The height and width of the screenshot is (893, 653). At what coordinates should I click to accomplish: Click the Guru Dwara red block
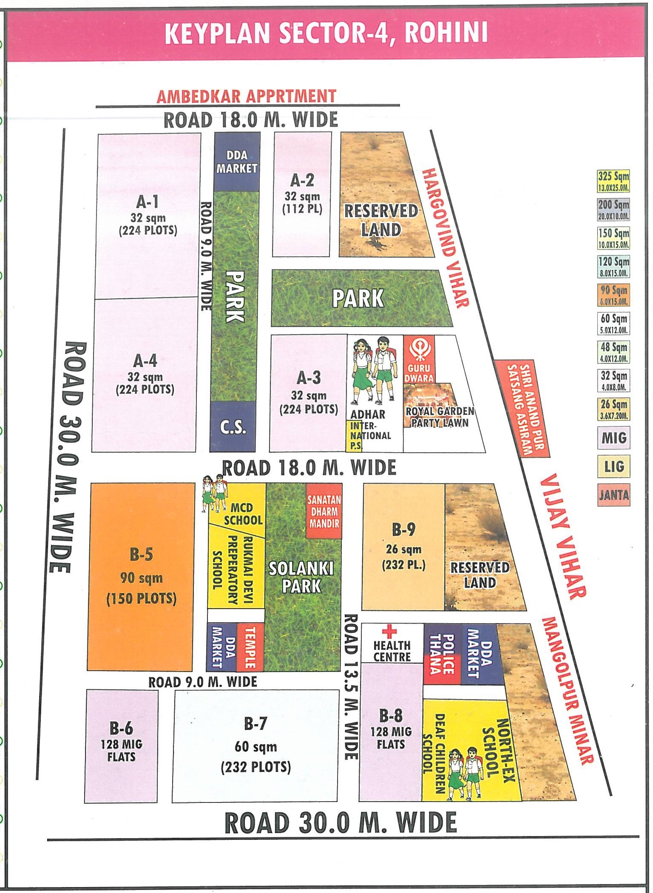[419, 359]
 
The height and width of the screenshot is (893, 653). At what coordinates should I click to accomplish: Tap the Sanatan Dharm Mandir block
[324, 511]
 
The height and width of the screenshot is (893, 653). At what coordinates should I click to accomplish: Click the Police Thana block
[442, 655]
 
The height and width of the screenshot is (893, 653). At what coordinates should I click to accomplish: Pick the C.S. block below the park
[233, 426]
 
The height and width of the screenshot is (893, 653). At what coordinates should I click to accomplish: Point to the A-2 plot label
[302, 181]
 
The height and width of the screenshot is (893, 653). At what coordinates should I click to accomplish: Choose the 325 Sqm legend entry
[613, 181]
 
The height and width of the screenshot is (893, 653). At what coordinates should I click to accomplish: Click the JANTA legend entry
[613, 495]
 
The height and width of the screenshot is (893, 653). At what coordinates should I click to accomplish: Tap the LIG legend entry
[613, 466]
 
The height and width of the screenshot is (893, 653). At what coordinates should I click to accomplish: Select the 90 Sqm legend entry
[613, 295]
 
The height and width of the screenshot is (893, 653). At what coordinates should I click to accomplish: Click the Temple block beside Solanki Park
[250, 647]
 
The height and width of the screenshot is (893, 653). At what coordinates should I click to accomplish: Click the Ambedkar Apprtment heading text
[247, 96]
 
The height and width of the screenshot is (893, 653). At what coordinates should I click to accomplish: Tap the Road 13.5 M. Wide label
[351, 688]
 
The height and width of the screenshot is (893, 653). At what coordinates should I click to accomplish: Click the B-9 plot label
[403, 530]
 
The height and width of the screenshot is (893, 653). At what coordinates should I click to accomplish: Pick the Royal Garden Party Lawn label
[440, 417]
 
